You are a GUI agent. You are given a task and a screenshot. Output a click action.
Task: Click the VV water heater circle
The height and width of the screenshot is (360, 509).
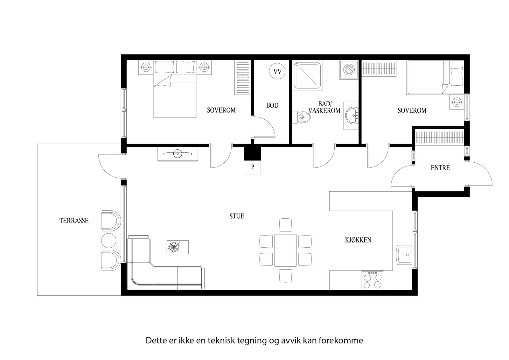tap(277, 71)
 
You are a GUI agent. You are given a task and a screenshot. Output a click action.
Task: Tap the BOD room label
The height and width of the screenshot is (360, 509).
tap(272, 106)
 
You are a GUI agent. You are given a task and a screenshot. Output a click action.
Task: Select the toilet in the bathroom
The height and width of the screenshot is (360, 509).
tap(301, 117)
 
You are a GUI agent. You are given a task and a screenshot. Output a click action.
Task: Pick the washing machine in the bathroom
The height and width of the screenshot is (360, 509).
tap(349, 70)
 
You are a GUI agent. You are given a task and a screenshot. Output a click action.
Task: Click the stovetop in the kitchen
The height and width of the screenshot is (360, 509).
tap(372, 280)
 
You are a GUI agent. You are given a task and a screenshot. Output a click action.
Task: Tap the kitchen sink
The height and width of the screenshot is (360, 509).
tap(404, 255)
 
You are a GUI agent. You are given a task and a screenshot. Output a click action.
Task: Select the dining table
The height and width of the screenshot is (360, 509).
tap(285, 250)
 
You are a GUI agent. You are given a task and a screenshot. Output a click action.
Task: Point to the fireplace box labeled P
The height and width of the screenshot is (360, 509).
tap(253, 167)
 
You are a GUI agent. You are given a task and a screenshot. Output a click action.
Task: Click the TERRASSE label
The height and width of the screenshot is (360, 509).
tap(74, 221)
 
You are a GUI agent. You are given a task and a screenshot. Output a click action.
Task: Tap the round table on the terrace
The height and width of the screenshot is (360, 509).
tap(108, 240)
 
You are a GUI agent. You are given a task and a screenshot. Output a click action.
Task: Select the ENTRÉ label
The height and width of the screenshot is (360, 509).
tap(440, 168)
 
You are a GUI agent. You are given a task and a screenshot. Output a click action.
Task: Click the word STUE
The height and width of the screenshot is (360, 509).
tap(237, 216)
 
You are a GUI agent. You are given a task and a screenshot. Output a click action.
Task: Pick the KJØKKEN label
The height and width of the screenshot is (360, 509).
tap(358, 240)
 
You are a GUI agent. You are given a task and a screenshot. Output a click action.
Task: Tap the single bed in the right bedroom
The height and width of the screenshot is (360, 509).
tap(435, 77)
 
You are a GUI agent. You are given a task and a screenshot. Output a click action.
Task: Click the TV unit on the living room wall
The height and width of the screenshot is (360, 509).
tap(178, 154)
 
